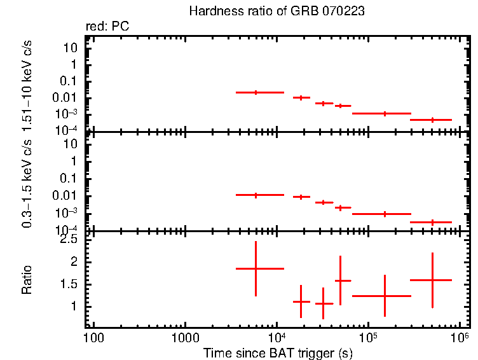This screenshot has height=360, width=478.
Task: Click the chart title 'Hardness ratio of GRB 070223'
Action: pos(277,12)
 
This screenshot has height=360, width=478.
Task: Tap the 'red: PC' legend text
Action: pos(112,27)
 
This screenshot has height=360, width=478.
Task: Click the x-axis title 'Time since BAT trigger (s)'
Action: pos(278,352)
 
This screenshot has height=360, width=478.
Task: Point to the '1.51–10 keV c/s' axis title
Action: pos(27,83)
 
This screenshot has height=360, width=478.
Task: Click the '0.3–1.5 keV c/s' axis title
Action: pos(27,182)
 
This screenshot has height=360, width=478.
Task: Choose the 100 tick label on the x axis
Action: pos(93,337)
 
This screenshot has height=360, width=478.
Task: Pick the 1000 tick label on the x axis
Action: pos(185,337)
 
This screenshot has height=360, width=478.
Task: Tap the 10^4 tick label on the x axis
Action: pos(277,336)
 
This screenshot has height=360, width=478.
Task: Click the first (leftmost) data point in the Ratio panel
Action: pos(256,269)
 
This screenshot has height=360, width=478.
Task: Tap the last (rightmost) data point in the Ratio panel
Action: pos(432,280)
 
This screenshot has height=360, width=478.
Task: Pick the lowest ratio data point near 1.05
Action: pos(324,303)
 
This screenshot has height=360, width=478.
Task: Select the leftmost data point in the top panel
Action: pos(256,92)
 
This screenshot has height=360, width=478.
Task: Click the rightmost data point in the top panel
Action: pos(432,120)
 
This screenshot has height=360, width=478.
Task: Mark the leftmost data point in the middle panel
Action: pos(256,195)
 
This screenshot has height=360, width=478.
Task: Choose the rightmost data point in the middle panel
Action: pos(432,222)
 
